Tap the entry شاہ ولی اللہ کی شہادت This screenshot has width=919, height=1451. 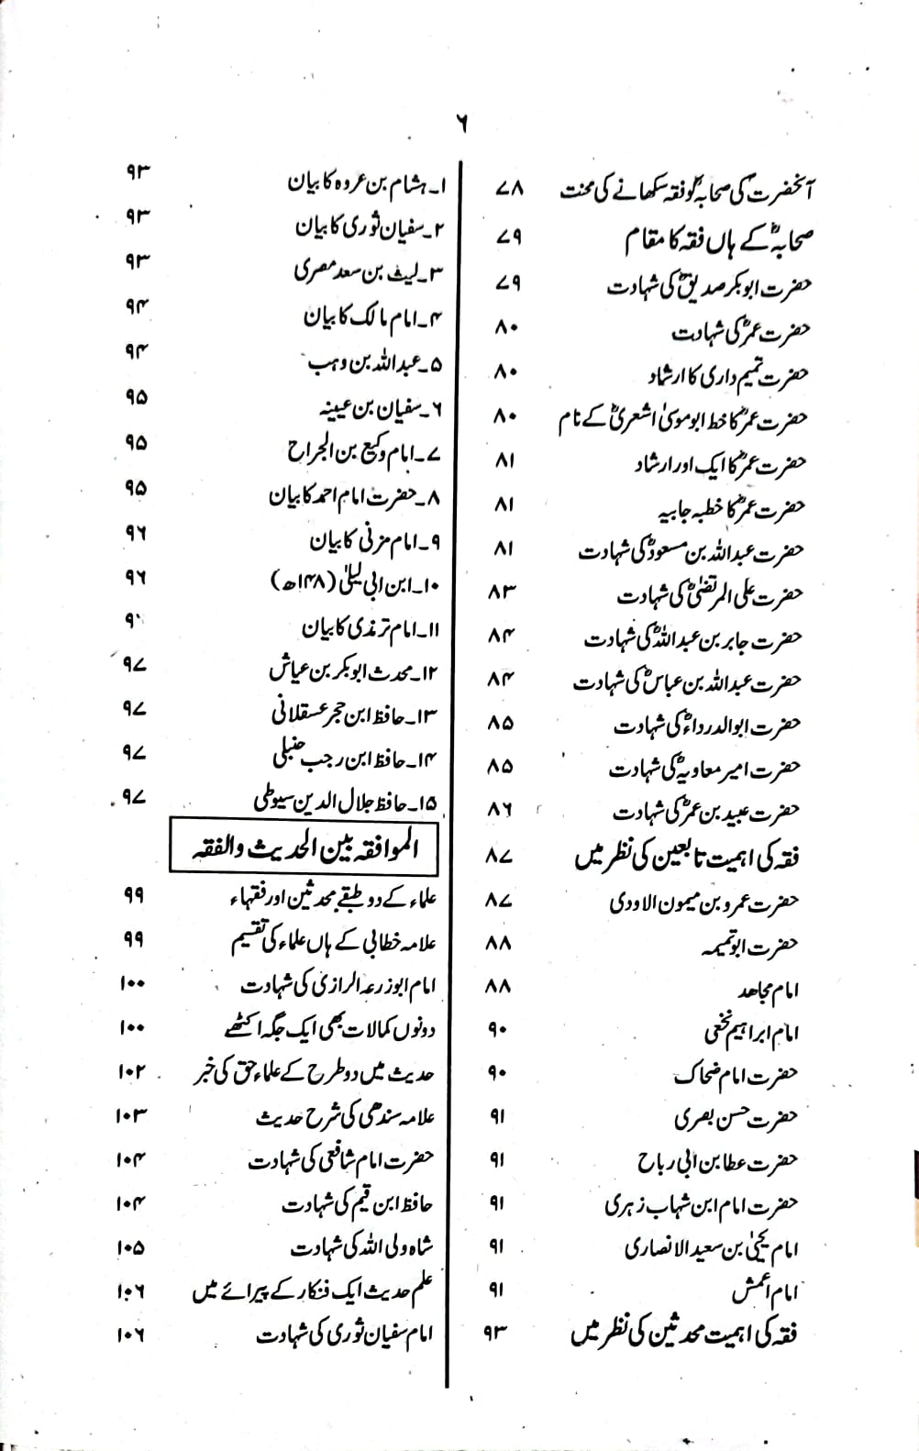(x=361, y=1248)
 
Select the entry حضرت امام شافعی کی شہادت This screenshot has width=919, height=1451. (x=341, y=1161)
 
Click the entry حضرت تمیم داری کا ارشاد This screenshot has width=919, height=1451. (x=726, y=375)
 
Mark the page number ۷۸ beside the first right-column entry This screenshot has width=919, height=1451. (x=507, y=189)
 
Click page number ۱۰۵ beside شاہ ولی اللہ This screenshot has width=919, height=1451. (x=131, y=1247)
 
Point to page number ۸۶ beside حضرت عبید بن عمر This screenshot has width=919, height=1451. (x=501, y=811)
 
